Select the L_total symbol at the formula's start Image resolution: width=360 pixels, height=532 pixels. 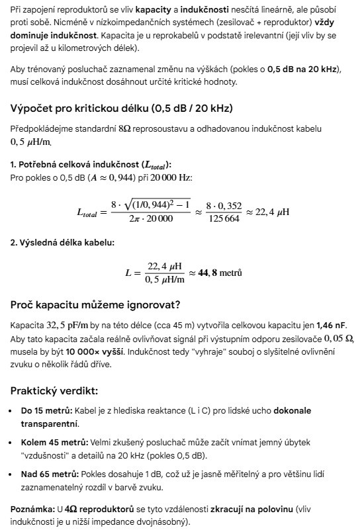point(91,212)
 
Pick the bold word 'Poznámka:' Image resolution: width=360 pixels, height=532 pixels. point(33,509)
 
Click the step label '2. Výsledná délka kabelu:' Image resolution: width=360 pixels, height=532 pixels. point(62,243)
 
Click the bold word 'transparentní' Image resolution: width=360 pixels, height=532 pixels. point(49,423)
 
